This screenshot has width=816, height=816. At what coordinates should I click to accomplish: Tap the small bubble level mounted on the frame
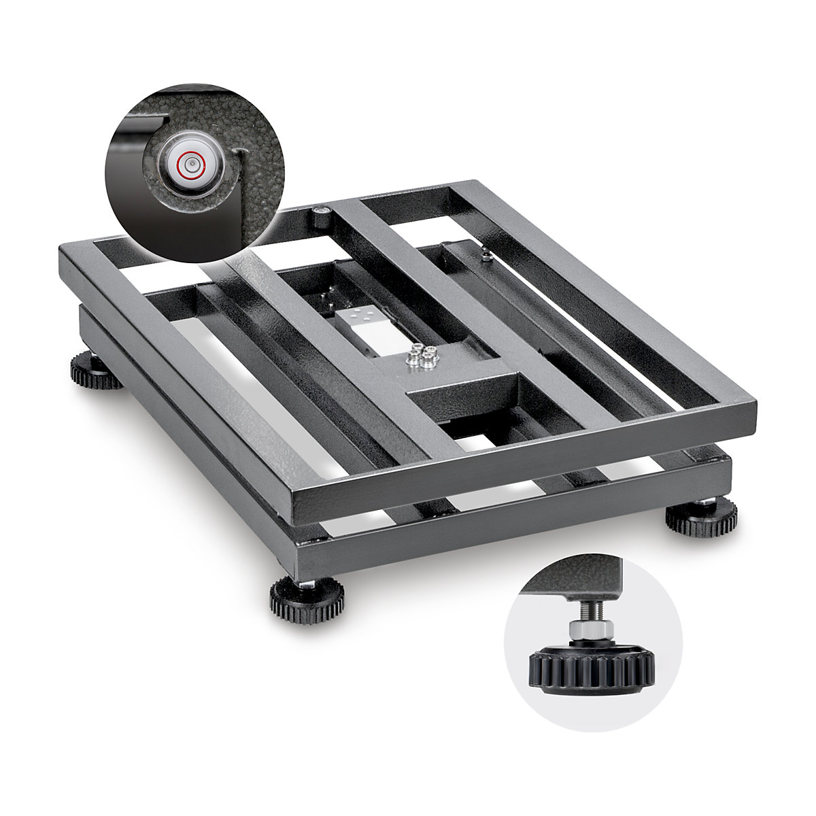(320, 217)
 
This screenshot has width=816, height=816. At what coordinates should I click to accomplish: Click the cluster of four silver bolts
(420, 356)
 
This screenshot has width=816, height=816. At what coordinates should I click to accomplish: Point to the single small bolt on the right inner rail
(486, 256)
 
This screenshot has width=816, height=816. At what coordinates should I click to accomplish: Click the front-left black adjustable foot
(306, 598)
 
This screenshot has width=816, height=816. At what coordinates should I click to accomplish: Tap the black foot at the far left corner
(96, 371)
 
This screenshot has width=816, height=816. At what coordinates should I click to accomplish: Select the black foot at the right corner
(701, 517)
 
